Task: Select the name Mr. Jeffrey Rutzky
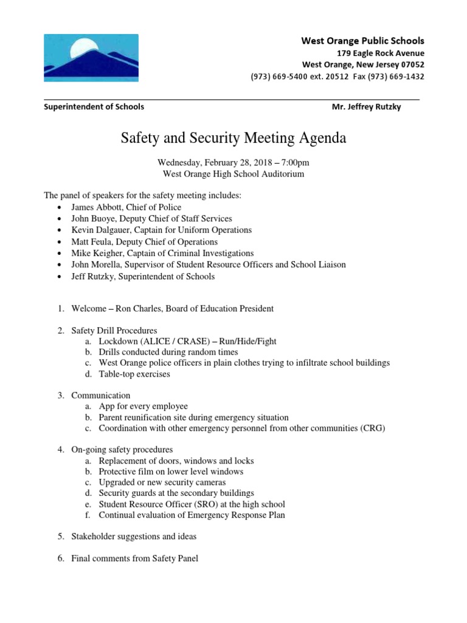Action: point(366,106)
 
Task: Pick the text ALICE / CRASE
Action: point(174,341)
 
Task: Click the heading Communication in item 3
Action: point(101,395)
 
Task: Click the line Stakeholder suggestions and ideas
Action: point(134,537)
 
